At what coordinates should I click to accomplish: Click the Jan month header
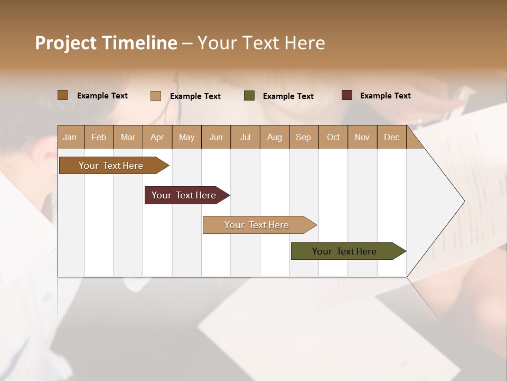70,137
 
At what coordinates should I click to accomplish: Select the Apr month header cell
157,137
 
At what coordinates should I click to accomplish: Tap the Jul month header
245,137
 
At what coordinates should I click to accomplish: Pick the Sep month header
303,137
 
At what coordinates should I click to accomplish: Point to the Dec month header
391,137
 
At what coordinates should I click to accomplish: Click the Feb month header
99,137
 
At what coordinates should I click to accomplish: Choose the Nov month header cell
362,137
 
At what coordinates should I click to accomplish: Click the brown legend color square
62,95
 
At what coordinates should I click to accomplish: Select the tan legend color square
155,96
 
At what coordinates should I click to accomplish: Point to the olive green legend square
249,96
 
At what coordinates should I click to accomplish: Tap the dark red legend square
346,95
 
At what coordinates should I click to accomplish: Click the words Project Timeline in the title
106,43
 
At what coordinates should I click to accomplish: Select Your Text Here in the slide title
261,43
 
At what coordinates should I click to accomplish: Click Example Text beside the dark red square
385,96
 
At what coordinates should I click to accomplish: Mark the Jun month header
215,137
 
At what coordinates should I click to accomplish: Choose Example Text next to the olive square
288,96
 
